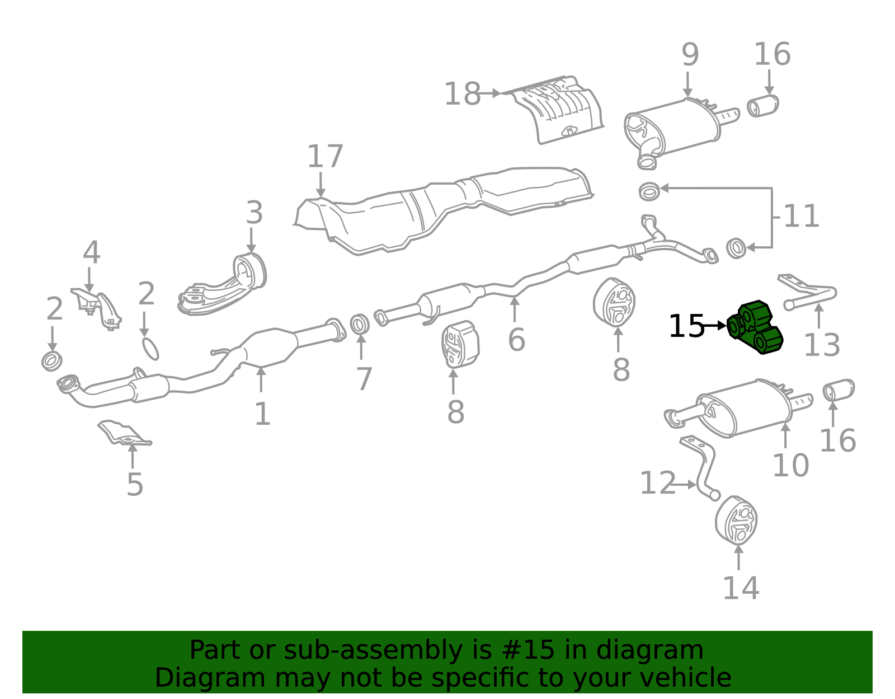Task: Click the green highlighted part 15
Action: click(755, 327)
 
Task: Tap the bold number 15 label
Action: click(686, 326)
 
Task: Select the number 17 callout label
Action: click(325, 157)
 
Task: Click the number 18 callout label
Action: click(462, 94)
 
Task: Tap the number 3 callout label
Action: click(254, 213)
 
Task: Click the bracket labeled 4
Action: click(97, 308)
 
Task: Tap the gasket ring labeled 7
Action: click(360, 324)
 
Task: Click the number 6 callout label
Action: click(516, 340)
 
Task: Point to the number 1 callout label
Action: click(262, 414)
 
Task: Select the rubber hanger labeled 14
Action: click(736, 520)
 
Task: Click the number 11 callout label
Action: click(800, 216)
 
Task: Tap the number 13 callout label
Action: click(822, 345)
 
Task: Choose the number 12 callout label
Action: click(658, 483)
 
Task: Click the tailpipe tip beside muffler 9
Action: click(763, 106)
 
